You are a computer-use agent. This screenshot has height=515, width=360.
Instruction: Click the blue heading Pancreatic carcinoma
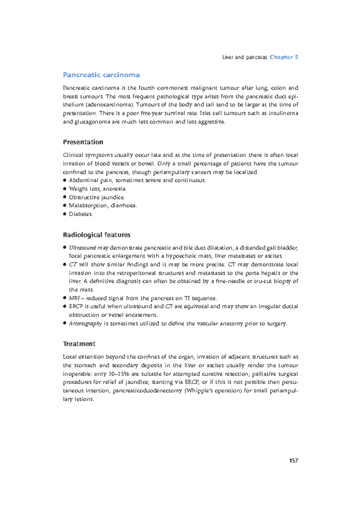click(101, 75)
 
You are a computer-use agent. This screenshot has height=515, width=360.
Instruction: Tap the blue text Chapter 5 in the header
click(283, 57)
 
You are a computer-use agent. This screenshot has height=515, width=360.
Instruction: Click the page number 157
click(293, 460)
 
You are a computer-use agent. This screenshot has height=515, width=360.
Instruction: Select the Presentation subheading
click(83, 142)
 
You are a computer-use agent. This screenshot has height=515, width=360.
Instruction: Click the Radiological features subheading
click(96, 235)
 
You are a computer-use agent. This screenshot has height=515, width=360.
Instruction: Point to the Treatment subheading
click(79, 344)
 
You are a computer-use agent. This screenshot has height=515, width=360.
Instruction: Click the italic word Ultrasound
click(82, 248)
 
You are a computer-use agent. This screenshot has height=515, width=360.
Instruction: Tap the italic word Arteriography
click(85, 324)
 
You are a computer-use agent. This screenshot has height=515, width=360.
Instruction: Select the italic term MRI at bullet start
click(74, 298)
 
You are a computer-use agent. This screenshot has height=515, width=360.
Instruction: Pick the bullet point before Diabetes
click(64, 214)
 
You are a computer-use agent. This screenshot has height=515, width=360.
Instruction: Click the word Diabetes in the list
click(81, 214)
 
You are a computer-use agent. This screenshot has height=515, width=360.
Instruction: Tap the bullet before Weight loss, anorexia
click(64, 189)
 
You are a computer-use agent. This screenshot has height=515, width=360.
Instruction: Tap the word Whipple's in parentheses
click(197, 391)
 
